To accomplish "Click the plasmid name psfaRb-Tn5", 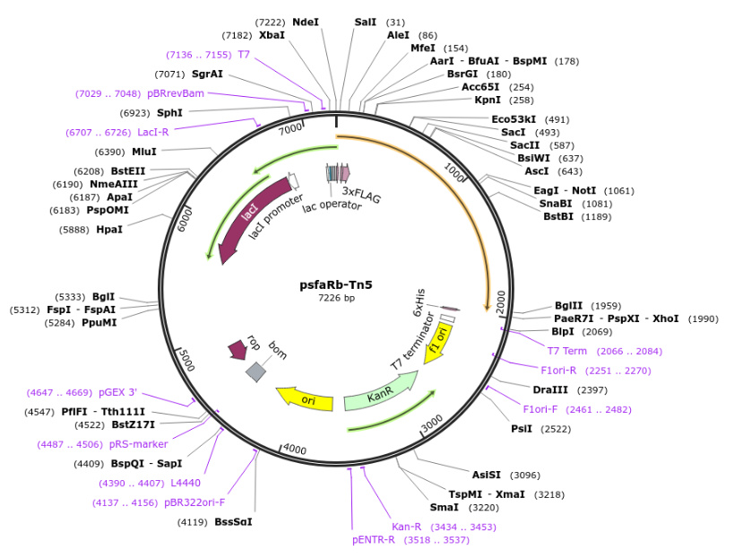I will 335,285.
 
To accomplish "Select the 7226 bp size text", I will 336,298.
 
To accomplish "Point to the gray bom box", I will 256,371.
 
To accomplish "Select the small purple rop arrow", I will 237,348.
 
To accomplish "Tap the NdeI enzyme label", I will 306,22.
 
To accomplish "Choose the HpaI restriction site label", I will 109,230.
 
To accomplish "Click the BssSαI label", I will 233,521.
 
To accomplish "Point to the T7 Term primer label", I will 567,351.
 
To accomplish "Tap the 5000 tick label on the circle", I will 185,361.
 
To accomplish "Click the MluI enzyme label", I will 144,152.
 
